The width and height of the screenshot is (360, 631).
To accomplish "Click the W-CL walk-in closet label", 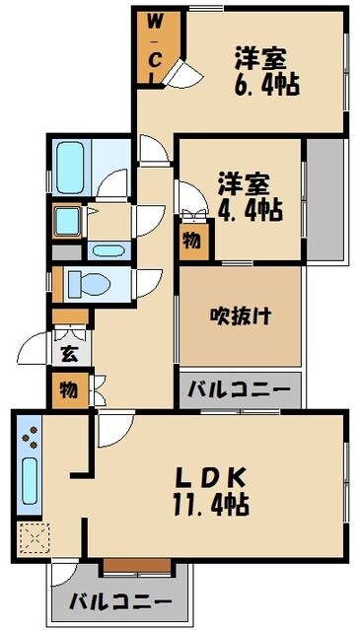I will (154, 49).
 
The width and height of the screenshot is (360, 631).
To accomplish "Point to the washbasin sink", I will (69, 219).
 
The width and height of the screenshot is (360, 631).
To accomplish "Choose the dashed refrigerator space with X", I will (31, 538).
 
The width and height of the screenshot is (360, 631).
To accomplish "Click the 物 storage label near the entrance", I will (69, 389).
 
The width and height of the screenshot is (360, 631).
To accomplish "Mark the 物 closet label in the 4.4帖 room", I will (193, 241).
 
